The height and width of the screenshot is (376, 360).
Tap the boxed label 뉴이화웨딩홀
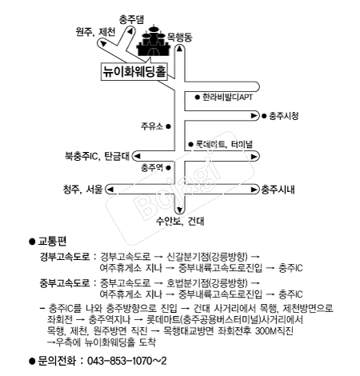click(134, 71)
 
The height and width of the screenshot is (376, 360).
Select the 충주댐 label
click(131, 20)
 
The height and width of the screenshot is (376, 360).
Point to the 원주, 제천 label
click(96, 32)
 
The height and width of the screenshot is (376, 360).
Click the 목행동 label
click(179, 38)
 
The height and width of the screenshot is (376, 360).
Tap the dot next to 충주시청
click(264, 116)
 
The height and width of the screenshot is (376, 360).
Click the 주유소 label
click(152, 126)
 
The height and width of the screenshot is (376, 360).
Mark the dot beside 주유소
click(168, 126)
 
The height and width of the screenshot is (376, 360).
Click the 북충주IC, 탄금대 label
click(97, 156)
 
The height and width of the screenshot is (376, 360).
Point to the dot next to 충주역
click(168, 168)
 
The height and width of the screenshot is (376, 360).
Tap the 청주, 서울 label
click(83, 190)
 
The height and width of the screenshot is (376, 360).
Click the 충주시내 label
click(278, 190)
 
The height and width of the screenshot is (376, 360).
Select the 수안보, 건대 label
click(180, 221)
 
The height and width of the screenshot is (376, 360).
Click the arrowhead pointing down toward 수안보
click(179, 210)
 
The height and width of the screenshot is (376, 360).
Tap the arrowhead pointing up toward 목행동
click(179, 48)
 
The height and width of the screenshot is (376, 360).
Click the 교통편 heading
click(52, 242)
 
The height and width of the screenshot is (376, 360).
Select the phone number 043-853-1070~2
click(127, 361)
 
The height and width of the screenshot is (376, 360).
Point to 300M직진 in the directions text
click(274, 331)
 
